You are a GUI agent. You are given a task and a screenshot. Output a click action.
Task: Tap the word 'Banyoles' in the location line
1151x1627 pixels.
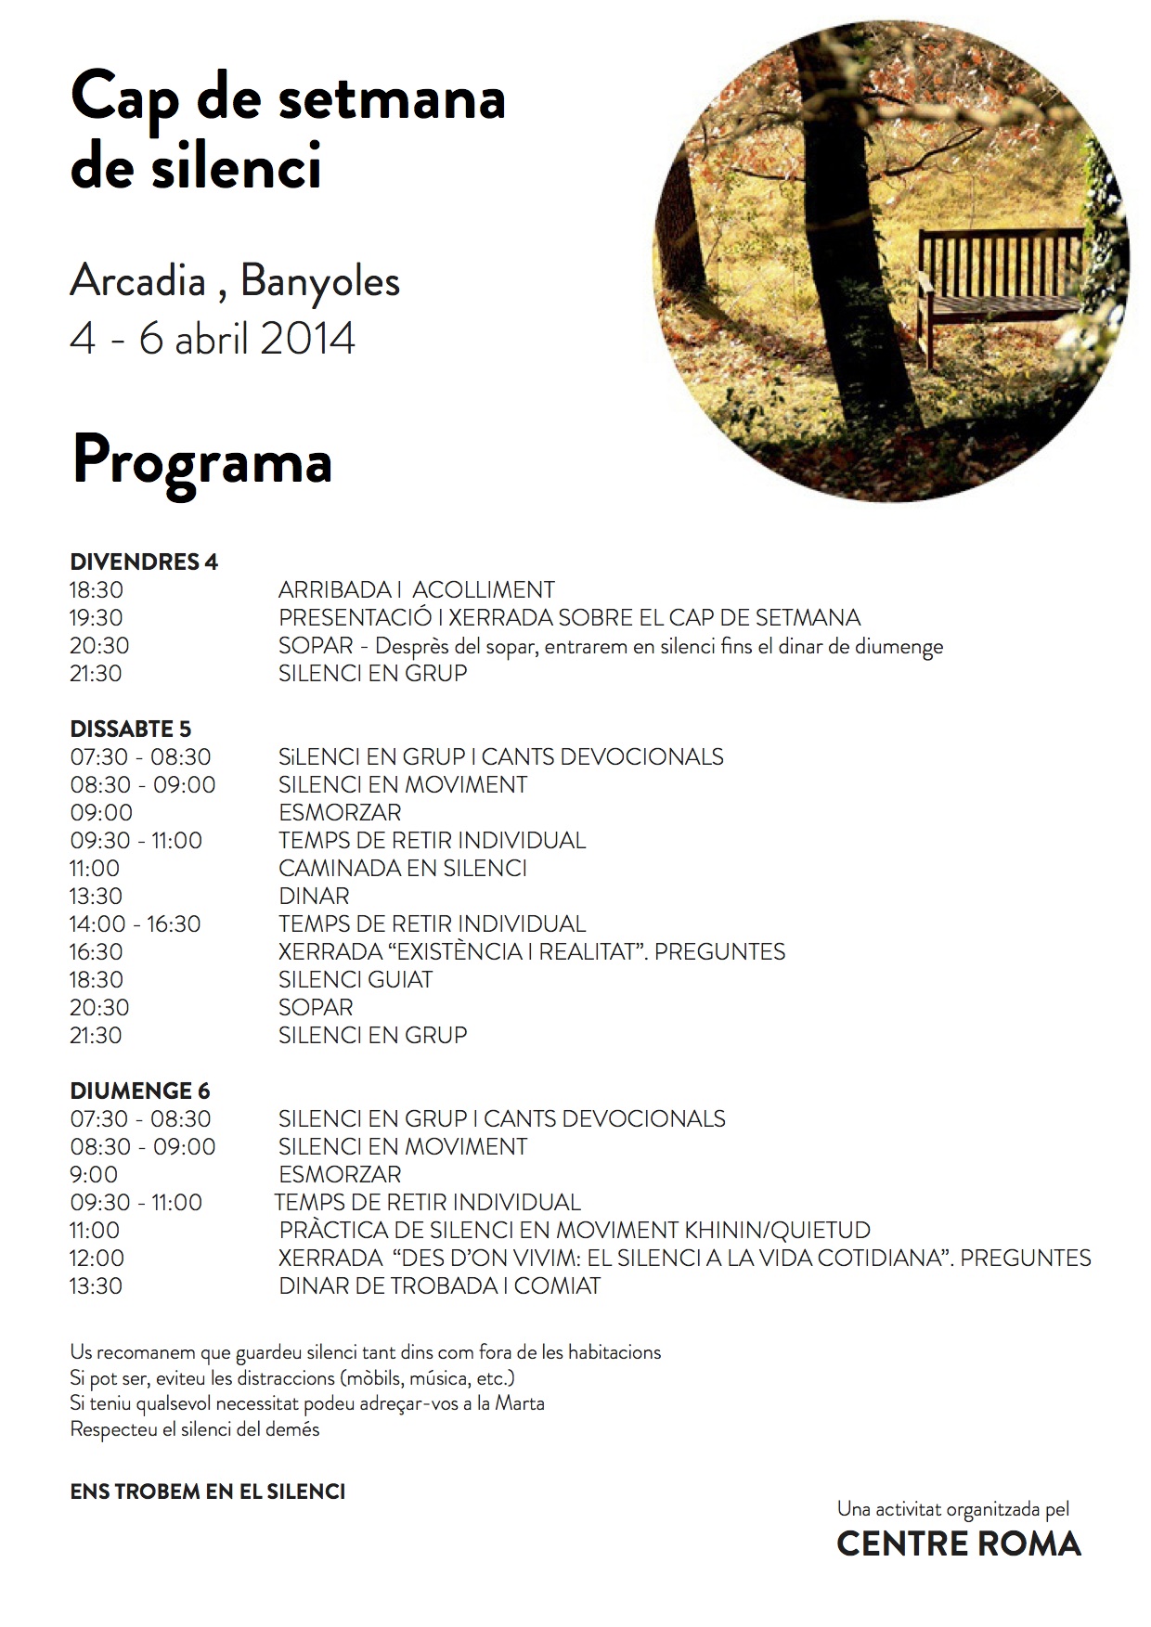pos(320,281)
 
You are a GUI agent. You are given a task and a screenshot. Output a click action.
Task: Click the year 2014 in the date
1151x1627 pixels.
pos(307,339)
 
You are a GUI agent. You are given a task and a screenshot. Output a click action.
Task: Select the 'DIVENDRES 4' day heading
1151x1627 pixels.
pos(144,562)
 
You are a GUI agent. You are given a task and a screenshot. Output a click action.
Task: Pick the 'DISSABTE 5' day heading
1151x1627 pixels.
pos(131,729)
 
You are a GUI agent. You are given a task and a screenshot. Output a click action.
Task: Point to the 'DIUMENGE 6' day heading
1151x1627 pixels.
pos(140,1091)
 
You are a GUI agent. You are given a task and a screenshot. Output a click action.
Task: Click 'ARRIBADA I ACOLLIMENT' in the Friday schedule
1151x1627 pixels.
pos(416,589)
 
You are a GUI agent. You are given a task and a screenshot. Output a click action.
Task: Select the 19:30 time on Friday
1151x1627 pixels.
pos(96,617)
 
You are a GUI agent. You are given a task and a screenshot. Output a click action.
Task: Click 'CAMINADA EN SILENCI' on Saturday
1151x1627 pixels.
pos(403,868)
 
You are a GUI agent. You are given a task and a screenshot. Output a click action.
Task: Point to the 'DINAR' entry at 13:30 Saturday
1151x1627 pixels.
pos(314,896)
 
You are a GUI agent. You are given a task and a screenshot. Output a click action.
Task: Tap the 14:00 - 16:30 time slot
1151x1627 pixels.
pos(136,923)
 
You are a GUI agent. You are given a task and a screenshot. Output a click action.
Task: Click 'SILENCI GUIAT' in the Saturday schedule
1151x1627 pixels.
pos(356,979)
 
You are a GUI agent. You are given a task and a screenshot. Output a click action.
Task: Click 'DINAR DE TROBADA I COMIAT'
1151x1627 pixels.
pos(440,1285)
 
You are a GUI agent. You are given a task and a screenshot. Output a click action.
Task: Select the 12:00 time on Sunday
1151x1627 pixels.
pos(97,1258)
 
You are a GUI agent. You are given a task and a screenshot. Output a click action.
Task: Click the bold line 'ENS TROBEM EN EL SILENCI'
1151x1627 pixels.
pos(208,1491)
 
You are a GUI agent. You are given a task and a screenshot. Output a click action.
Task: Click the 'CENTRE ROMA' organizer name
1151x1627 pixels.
pos(959,1543)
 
